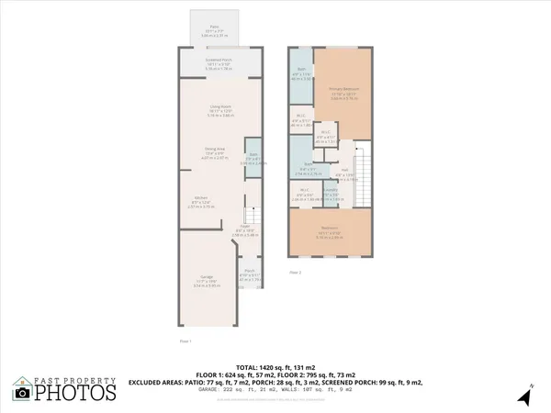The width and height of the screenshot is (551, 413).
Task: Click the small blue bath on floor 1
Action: pos(253,158)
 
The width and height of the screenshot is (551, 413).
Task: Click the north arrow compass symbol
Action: pos(523,396)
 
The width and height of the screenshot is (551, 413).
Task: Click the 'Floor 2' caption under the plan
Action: pos(295,273)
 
